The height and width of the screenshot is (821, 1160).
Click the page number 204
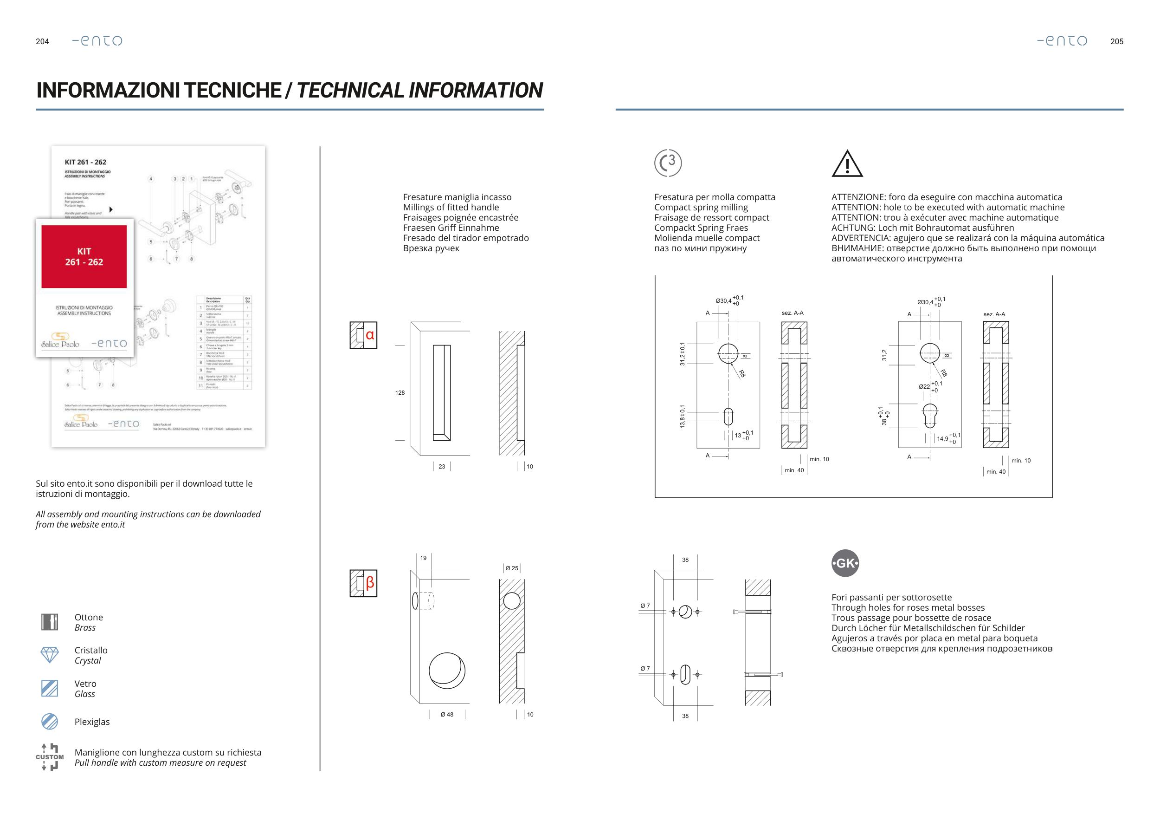point(42,41)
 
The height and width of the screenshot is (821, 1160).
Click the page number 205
point(1116,41)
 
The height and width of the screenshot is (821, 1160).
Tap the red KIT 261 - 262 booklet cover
point(84,257)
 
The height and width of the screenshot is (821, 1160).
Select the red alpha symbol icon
point(369,335)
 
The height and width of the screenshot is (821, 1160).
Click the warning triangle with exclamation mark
point(847,164)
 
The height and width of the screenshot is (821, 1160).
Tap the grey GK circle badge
point(845,563)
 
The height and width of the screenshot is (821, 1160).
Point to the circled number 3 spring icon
point(668,163)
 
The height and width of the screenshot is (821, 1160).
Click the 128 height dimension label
point(400,393)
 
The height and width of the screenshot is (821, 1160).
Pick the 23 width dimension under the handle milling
point(442,467)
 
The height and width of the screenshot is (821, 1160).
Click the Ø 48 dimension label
point(447,714)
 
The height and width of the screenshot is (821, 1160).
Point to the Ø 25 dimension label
point(512,568)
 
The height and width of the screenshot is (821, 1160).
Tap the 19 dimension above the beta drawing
point(423,558)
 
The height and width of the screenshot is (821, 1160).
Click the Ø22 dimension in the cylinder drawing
point(924,387)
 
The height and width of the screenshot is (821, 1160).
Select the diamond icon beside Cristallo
point(50,655)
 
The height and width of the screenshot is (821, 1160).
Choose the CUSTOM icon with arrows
point(50,757)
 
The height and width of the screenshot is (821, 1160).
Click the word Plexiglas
point(92,722)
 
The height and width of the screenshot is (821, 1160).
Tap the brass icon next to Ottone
point(50,622)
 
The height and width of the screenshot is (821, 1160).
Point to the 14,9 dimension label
point(943,439)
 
